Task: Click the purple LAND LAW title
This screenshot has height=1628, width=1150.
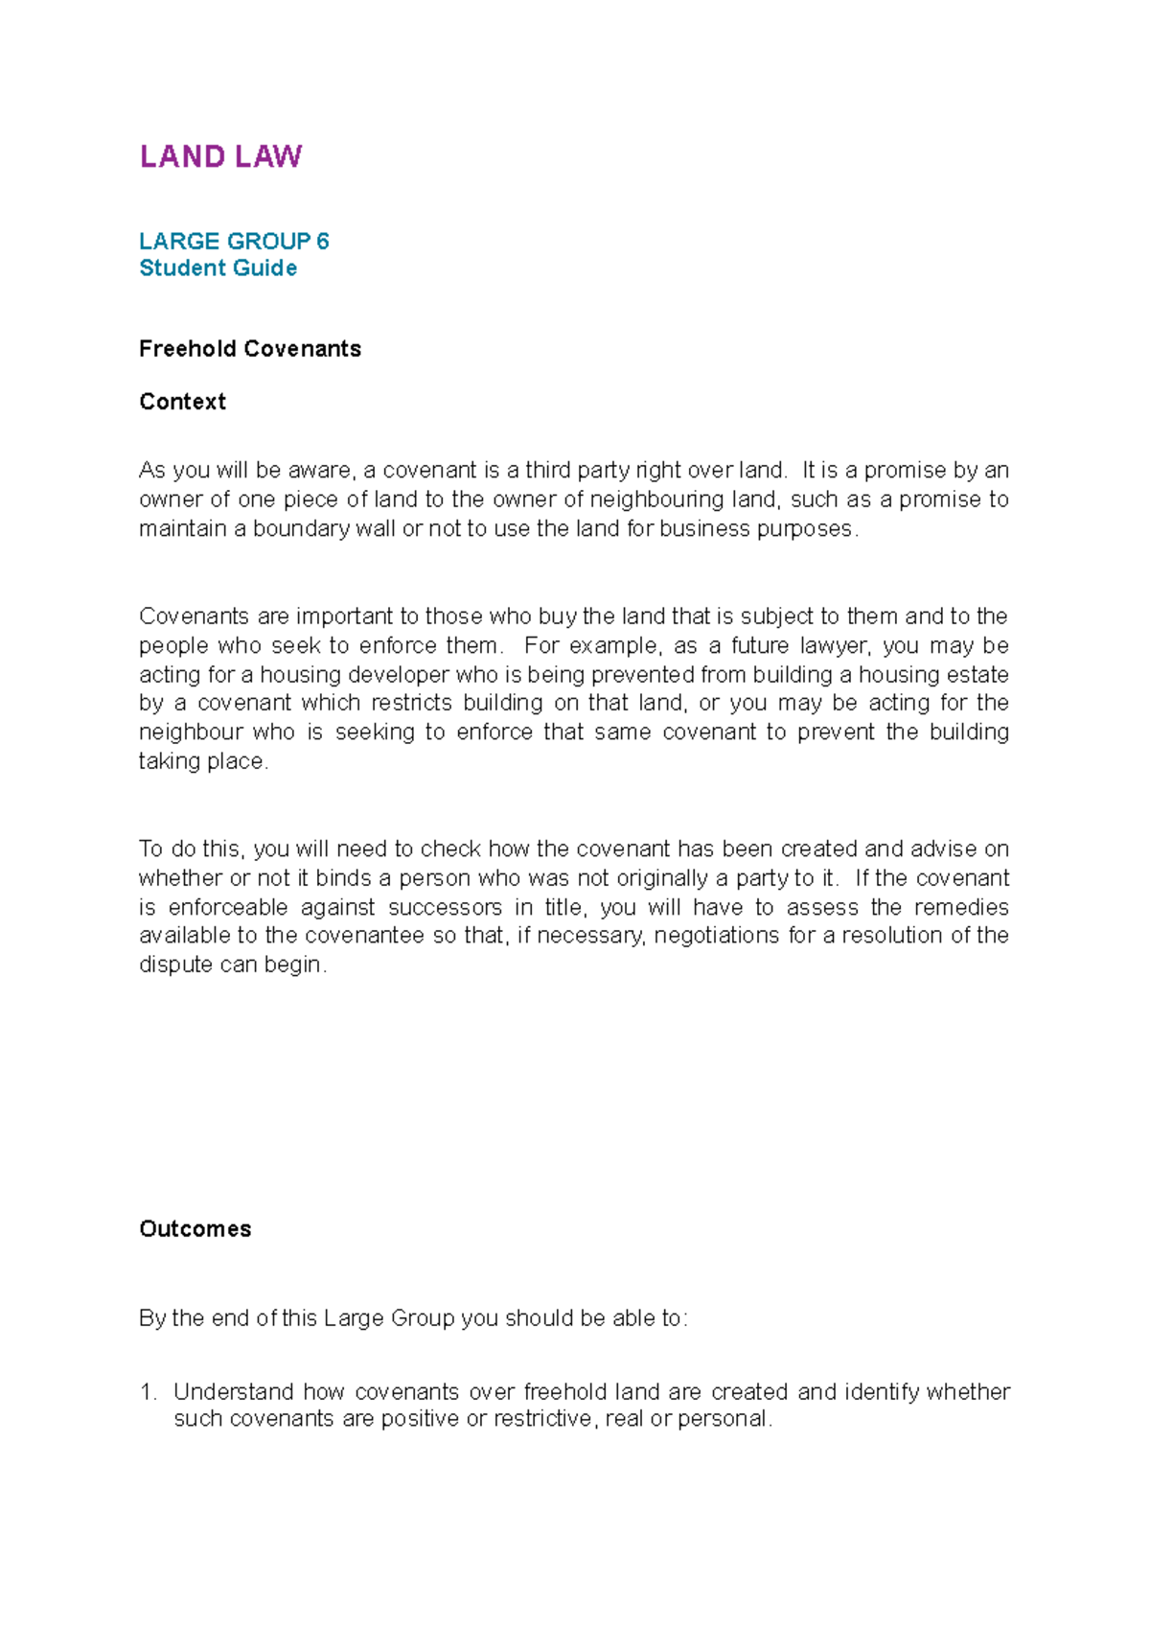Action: point(220,156)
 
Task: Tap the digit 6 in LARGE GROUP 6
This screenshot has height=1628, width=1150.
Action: point(323,241)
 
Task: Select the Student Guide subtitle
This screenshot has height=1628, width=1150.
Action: point(218,267)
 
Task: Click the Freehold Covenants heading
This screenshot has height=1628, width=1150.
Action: point(249,348)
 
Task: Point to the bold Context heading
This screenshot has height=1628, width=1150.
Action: point(182,402)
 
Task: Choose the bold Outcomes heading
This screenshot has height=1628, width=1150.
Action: point(195,1229)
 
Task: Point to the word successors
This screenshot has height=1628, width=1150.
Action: point(445,907)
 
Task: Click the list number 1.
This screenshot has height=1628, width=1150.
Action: point(146,1391)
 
